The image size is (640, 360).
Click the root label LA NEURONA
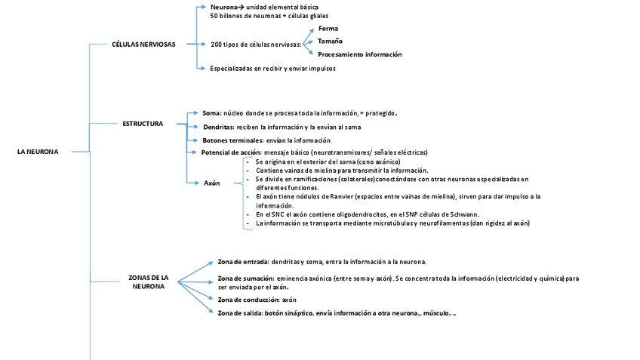38,152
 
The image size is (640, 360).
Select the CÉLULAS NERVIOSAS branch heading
143,45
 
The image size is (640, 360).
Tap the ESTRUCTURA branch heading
143,123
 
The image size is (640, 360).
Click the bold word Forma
328,28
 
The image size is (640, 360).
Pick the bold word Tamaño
331,41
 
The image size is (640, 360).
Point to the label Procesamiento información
359,54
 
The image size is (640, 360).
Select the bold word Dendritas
218,127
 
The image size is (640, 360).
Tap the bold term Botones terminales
232,140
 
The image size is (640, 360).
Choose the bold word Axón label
212,183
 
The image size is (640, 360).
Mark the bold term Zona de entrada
242,262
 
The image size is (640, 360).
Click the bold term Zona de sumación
245,278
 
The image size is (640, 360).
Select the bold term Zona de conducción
248,300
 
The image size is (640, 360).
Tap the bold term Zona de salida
238,313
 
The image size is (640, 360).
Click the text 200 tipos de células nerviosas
255,45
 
